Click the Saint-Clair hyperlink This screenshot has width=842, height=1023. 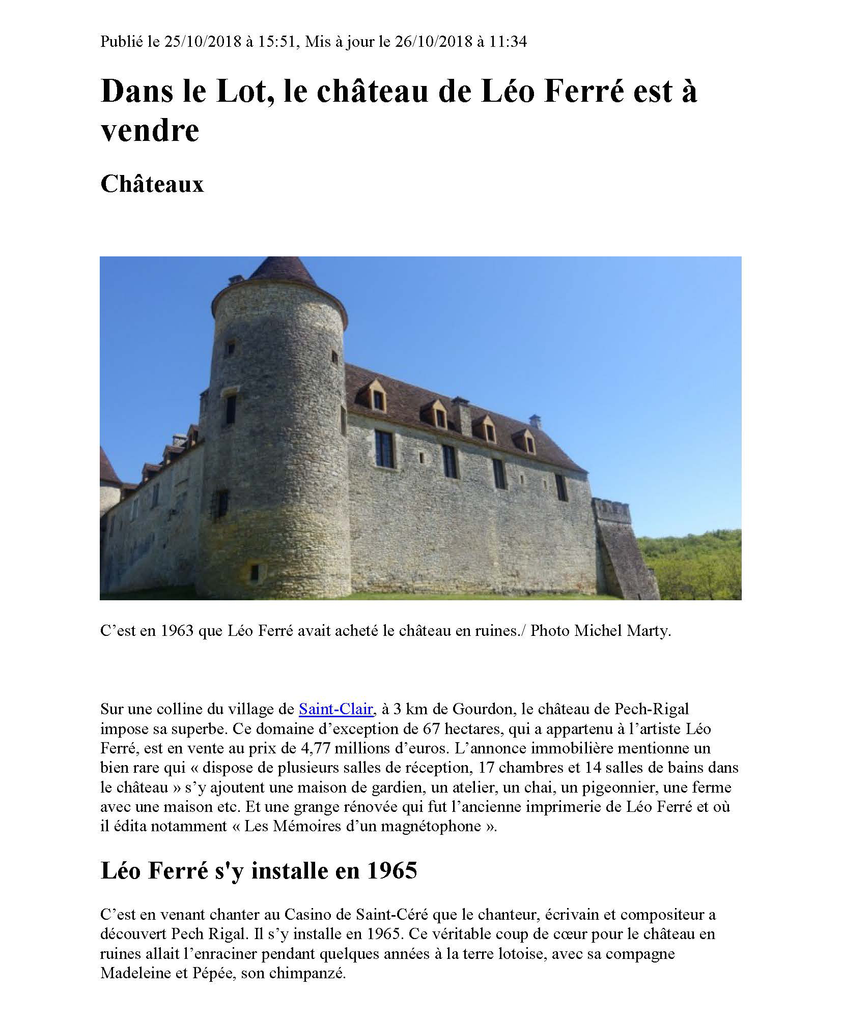(x=336, y=709)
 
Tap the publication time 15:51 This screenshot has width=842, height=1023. (x=276, y=42)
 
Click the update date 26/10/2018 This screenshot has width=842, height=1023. (x=433, y=42)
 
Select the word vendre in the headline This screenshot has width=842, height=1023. (x=150, y=130)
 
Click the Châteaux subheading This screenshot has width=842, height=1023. (x=152, y=184)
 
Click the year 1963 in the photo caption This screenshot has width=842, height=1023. (x=177, y=631)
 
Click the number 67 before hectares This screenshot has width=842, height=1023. (x=431, y=728)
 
